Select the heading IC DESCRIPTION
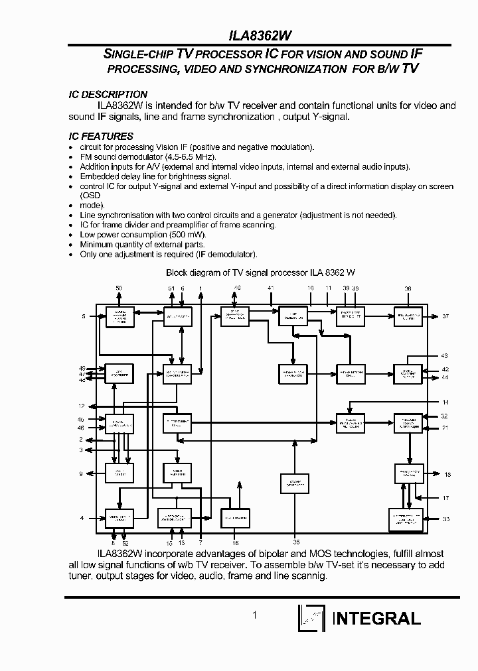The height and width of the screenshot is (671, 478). coord(108,95)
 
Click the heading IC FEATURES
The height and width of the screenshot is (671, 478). coord(101,137)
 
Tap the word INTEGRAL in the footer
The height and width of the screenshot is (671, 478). coord(376,619)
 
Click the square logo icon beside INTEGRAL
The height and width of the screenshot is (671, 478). coord(311,619)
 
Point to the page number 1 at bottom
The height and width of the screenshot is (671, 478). coord(254,615)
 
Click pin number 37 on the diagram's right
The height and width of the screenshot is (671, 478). coord(446,316)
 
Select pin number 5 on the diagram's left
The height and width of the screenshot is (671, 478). coord(83,316)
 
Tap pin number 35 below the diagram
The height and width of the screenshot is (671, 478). coord(296,542)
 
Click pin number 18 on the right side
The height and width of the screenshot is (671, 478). coord(447,474)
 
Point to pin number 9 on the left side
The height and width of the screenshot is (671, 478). coord(81,473)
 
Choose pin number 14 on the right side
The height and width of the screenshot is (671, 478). coord(445,402)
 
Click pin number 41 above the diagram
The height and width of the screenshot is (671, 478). coord(270,288)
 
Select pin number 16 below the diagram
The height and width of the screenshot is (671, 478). coord(235,542)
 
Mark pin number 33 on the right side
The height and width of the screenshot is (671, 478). coord(446,518)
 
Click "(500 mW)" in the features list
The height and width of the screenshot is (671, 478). coord(189,235)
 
